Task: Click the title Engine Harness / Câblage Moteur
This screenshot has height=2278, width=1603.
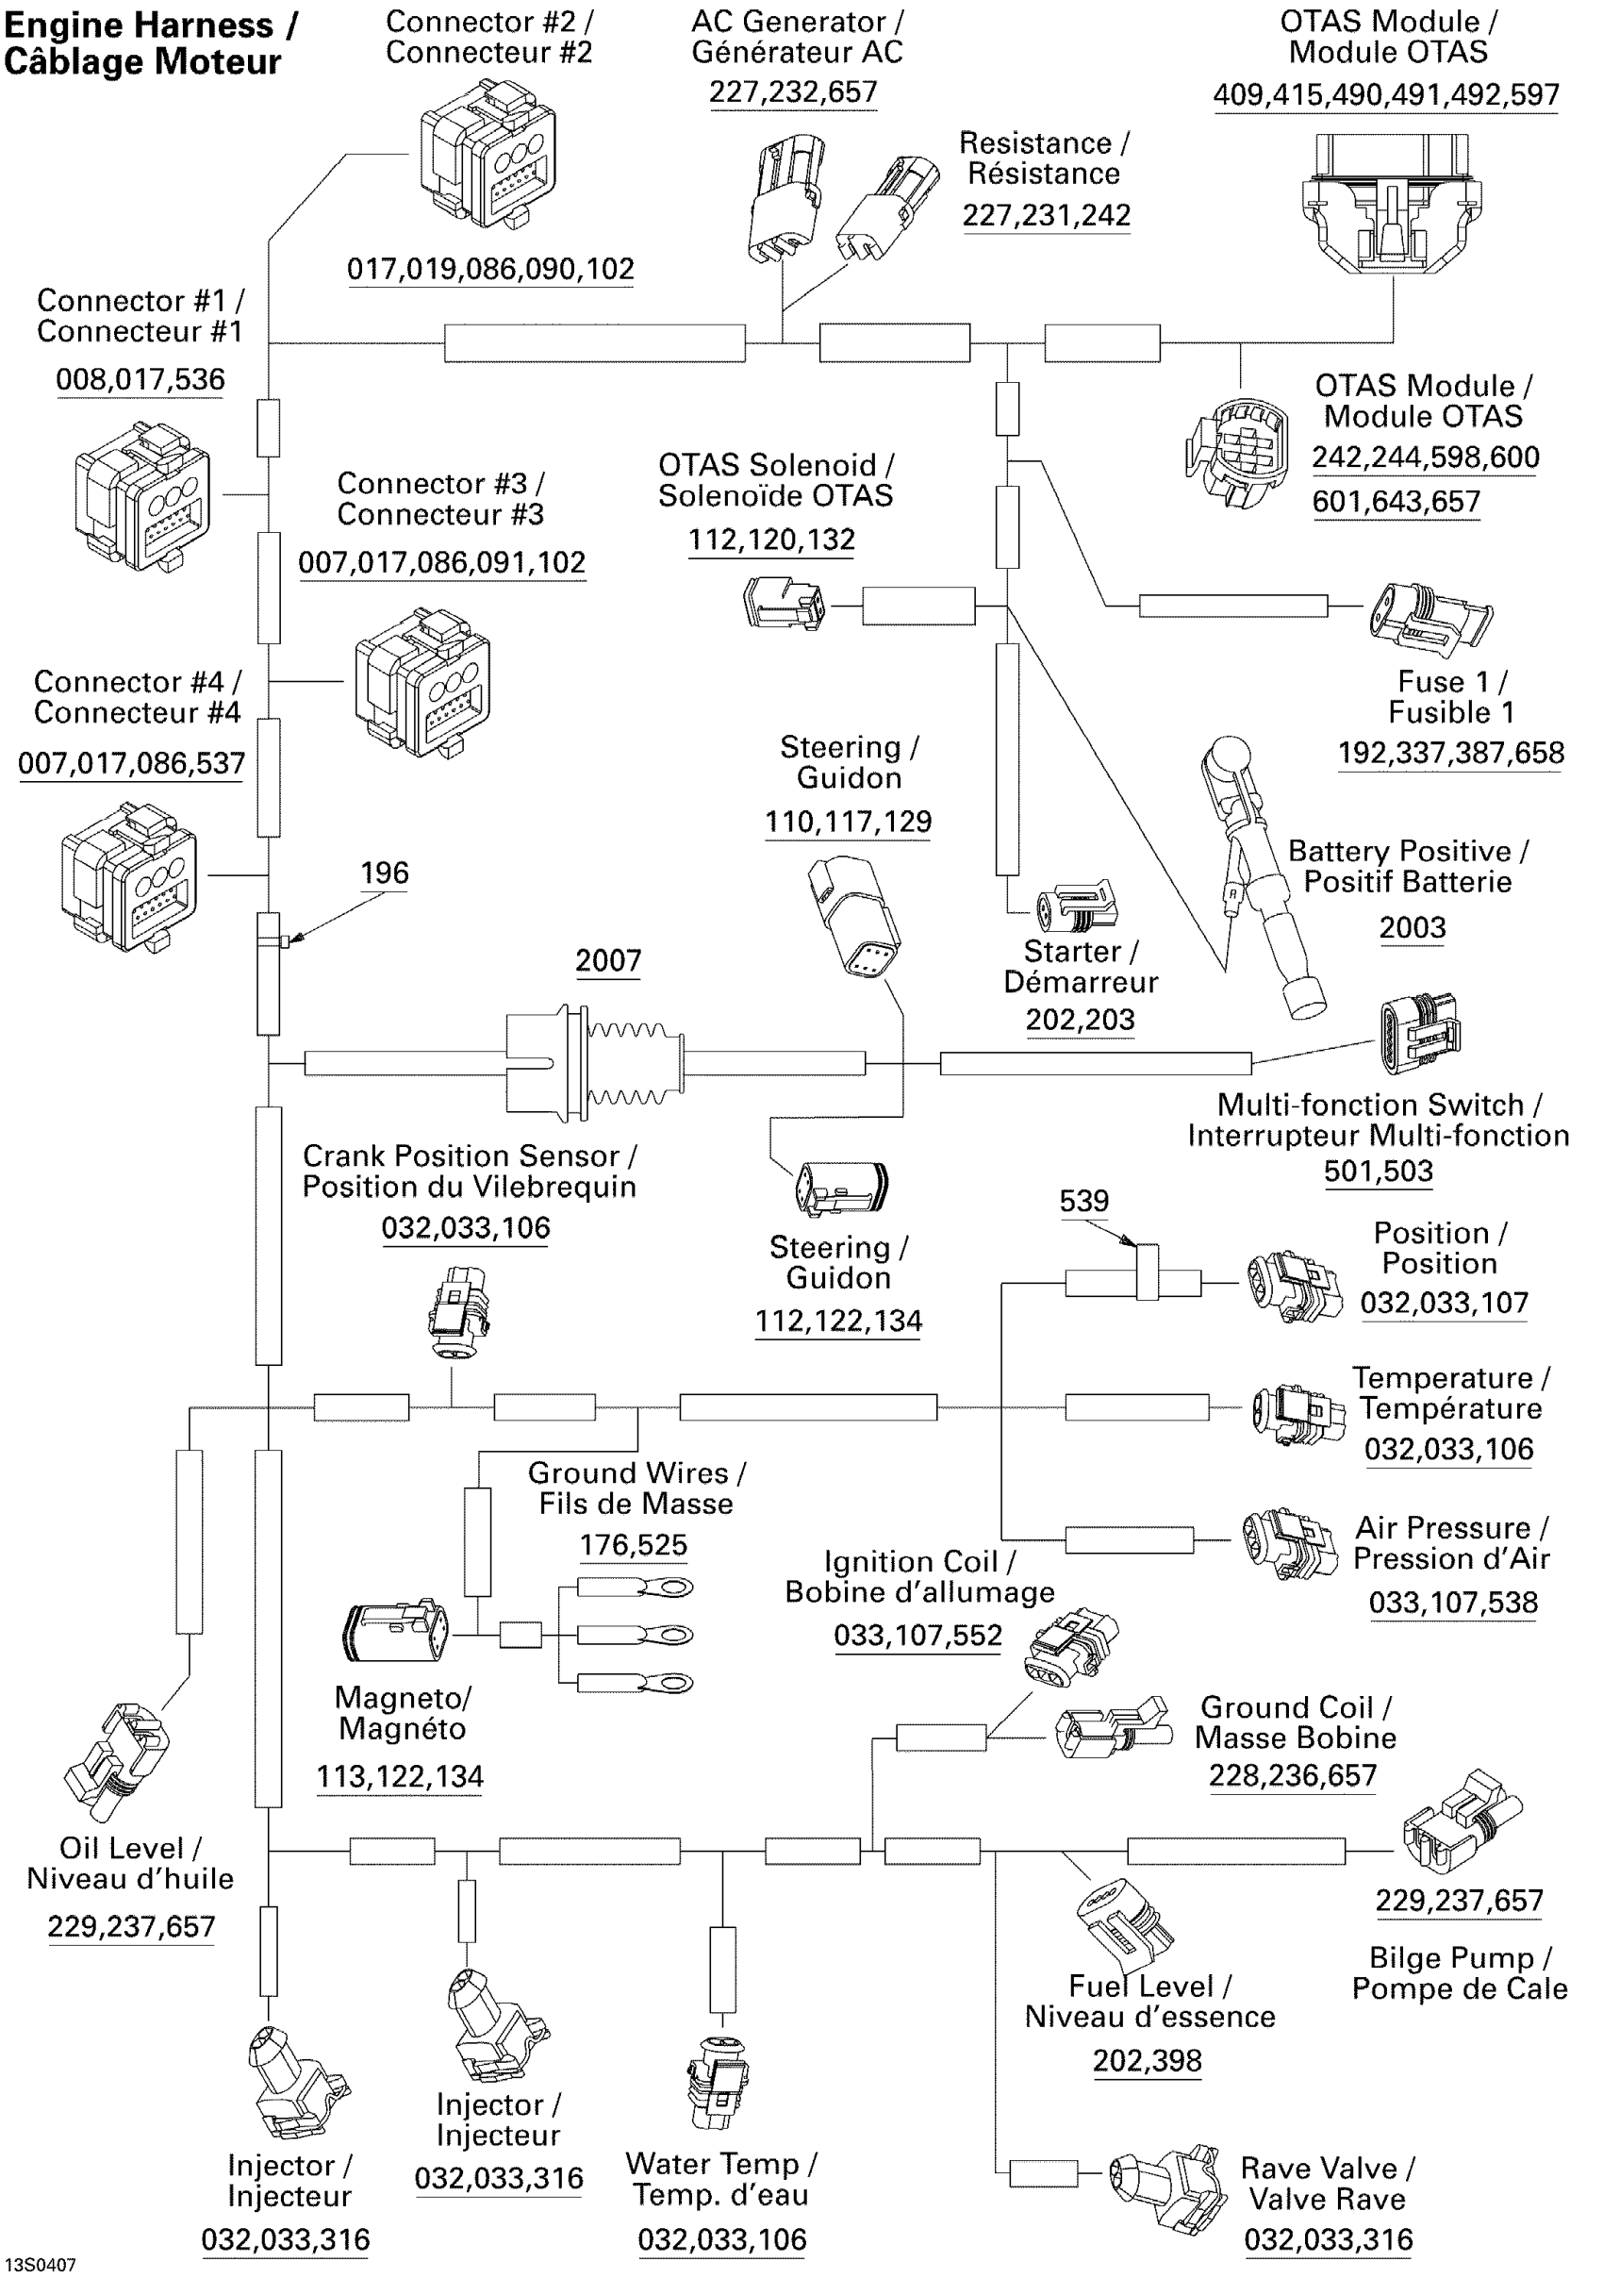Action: coord(149,43)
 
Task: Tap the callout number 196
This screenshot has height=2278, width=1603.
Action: coord(384,873)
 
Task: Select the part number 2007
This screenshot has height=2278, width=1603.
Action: coord(608,960)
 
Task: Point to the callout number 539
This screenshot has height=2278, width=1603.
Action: coord(1083,1202)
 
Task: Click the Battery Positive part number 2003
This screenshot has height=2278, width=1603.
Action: coord(1412,927)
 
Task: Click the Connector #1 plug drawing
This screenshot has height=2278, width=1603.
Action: coord(141,496)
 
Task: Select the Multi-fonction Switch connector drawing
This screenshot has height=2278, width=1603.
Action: coord(1419,1033)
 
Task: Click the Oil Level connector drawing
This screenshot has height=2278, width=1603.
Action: coord(117,1762)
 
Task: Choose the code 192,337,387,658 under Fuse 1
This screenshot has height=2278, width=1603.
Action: coord(1450,753)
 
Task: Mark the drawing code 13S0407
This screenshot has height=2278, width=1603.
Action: coord(40,2265)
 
